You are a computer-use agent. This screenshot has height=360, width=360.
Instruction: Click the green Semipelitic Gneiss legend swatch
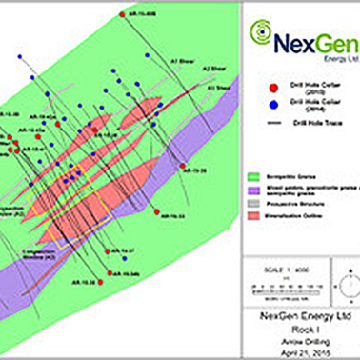(253, 177)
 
